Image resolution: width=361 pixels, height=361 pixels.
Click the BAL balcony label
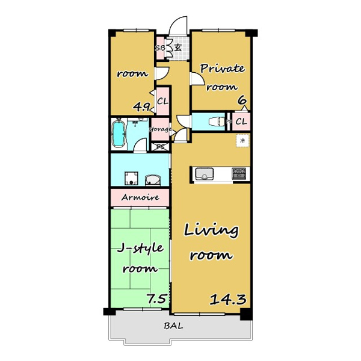tap(174, 326)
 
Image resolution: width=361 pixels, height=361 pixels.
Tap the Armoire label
tap(140, 197)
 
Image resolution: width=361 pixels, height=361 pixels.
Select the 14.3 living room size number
tap(228, 300)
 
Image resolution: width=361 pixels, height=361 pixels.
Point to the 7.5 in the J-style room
tap(156, 299)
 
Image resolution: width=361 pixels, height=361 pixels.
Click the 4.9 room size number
tap(143, 107)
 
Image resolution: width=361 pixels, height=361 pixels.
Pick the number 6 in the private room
tap(242, 100)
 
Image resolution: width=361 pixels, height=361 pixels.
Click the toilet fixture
tap(217, 122)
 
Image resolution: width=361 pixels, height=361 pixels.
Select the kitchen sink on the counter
tap(205, 174)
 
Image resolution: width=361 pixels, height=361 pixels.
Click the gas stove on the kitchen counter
tap(239, 174)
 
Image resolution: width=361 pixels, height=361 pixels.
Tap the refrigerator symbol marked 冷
tap(242, 140)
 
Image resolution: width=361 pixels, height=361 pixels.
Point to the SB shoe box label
tap(160, 48)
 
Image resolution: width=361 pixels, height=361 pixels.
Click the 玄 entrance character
tap(177, 48)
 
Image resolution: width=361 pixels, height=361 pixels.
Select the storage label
tap(160, 129)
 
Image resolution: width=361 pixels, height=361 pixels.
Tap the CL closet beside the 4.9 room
tap(163, 101)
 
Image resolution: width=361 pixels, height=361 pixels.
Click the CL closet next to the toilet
tap(241, 122)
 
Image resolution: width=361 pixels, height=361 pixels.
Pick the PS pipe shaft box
tap(161, 147)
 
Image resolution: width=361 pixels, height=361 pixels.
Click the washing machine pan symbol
tap(131, 179)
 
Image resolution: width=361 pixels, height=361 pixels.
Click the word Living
tap(211, 231)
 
